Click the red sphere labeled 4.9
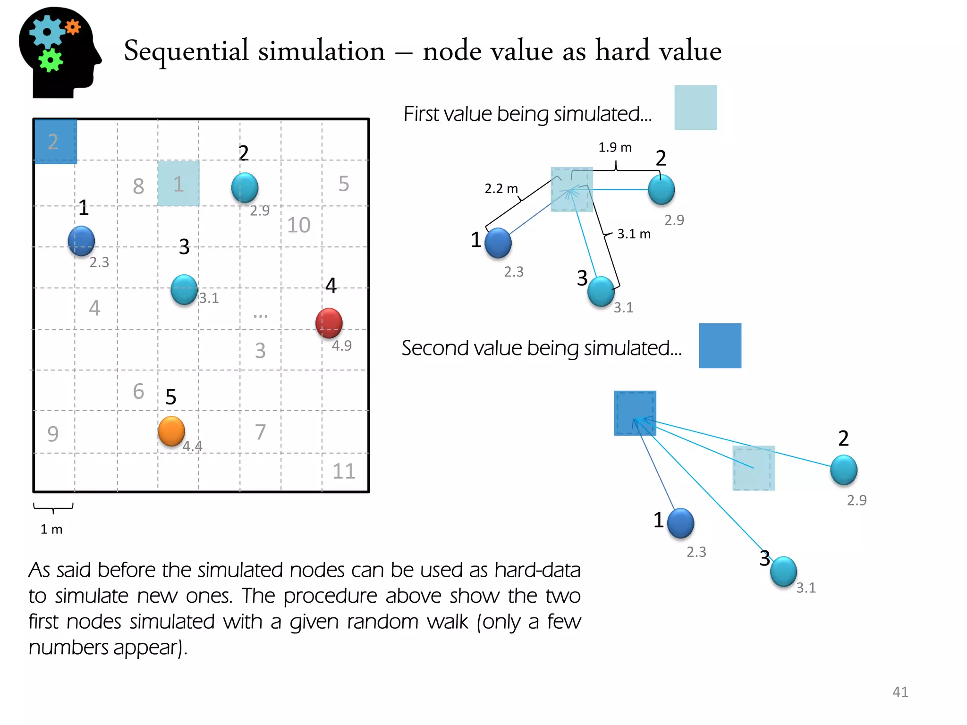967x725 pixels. coord(329,323)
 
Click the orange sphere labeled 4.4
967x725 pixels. coord(171,431)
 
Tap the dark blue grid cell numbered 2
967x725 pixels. coord(55,142)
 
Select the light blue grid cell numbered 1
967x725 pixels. coord(178,184)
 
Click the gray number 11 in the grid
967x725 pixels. coord(343,471)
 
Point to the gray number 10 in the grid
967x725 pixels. coord(298,225)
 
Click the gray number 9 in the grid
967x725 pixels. coord(53,434)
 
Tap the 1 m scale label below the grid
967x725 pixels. coord(51,529)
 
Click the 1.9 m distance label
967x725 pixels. coord(615,148)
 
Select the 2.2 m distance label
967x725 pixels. coord(501,189)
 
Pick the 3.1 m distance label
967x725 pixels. coord(634,234)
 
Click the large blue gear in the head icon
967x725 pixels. coord(46,32)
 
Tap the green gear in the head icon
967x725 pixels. coord(50,60)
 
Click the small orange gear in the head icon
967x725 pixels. coord(73,27)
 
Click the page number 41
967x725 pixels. coord(900,692)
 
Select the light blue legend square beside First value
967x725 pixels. coord(695,108)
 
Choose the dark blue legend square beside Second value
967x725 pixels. coord(720,346)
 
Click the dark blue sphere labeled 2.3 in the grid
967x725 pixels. coord(81,241)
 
